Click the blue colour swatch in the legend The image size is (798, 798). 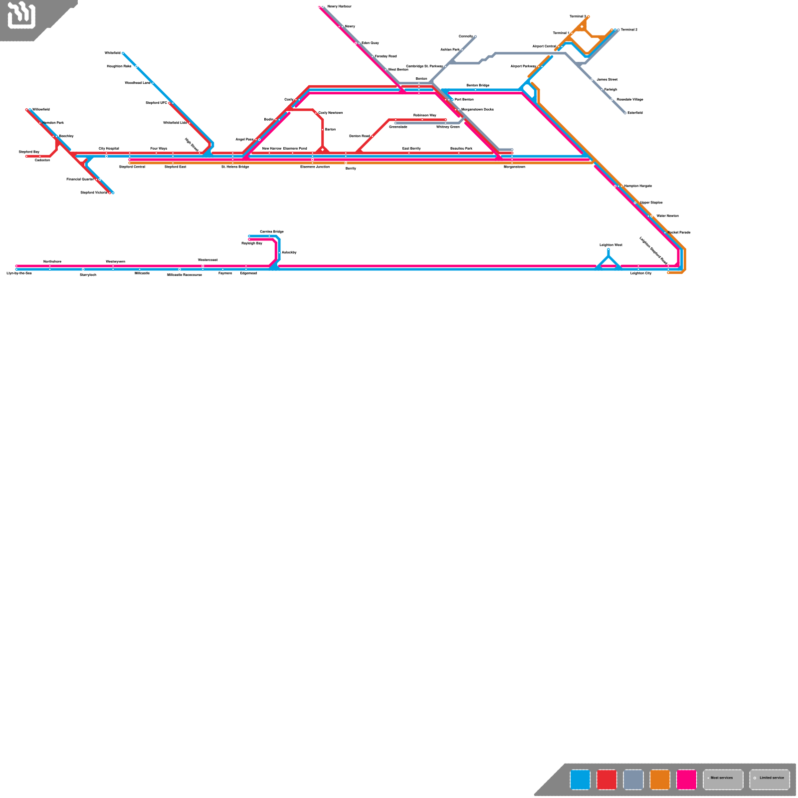coord(580,780)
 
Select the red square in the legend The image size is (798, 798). coord(606,780)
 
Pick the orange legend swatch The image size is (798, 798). coord(660,780)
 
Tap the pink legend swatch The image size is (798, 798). coord(686,780)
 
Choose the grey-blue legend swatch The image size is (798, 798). coord(633,780)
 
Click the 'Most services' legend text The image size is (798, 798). coord(722,778)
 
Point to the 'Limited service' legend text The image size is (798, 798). coord(772,778)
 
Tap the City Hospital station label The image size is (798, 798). coord(109,149)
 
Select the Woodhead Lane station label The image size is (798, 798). coord(137,83)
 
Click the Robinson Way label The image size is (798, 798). coord(424,115)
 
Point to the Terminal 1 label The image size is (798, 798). coord(561,33)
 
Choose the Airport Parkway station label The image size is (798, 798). coord(523,66)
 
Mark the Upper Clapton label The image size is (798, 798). coord(651,202)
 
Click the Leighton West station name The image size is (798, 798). coord(610,245)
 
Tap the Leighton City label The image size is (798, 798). coord(640,273)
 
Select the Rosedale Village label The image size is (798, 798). coord(630,99)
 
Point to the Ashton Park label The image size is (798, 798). coord(450,49)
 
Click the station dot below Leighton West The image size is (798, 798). coord(608,250)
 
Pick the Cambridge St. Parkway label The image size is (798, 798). coord(424,66)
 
